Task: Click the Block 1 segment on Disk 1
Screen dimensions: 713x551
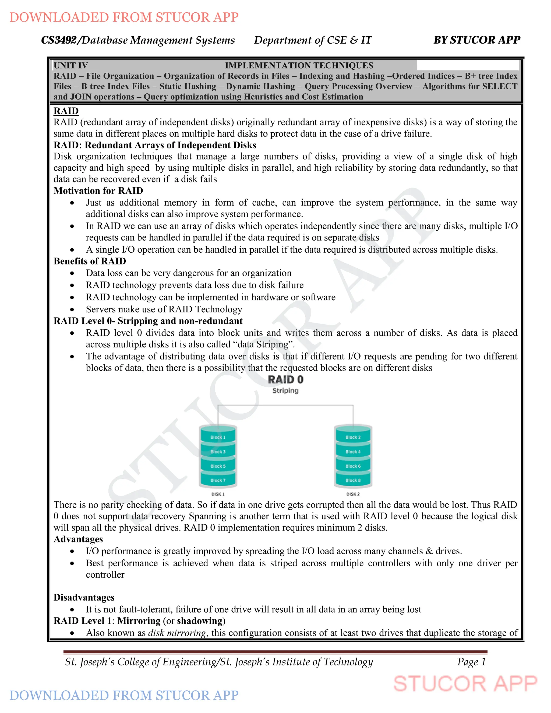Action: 218,437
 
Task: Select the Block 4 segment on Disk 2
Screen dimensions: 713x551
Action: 353,452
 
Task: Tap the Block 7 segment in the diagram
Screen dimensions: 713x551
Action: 218,480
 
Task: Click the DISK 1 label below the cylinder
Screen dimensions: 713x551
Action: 218,494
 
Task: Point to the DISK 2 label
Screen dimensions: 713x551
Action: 353,494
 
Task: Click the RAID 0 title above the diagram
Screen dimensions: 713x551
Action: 286,380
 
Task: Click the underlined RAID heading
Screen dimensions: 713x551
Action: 66,111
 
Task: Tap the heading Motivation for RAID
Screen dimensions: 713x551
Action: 98,191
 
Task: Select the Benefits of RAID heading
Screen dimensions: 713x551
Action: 90,261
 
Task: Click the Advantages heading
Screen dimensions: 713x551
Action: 78,539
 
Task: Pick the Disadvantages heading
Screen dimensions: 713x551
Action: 84,597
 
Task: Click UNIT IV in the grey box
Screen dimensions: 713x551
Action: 70,66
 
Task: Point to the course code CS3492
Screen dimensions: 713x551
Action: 59,40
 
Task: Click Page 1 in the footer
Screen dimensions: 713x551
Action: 471,662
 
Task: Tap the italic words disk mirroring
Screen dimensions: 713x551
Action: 177,633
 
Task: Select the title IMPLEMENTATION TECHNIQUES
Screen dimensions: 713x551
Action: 299,66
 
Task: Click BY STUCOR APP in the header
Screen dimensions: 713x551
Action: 476,40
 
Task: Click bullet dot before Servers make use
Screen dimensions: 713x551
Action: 72,309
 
